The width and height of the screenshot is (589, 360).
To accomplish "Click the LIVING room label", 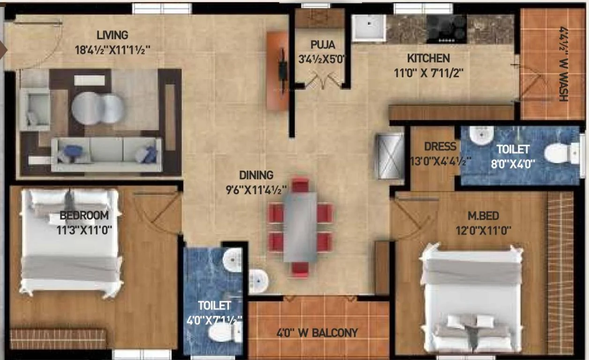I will [x=112, y=35].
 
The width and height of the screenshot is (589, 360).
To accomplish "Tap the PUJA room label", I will [x=322, y=45].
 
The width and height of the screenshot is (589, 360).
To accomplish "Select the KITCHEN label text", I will [x=428, y=59].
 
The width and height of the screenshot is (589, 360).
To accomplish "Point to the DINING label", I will [x=256, y=175].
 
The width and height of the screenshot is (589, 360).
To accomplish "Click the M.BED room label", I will [x=483, y=216].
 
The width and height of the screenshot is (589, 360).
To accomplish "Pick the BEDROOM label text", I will [x=84, y=216].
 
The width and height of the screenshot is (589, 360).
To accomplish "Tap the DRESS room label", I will [x=440, y=147].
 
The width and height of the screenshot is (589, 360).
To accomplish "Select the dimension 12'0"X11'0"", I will [x=483, y=231].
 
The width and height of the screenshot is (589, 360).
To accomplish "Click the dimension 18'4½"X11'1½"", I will [x=112, y=50].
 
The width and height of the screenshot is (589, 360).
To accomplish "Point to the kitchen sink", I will [x=368, y=28].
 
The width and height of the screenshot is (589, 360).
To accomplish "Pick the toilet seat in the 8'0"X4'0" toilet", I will [x=559, y=153].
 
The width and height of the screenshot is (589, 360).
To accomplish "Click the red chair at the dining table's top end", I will [x=300, y=185].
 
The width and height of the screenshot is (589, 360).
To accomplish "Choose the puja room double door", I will [x=323, y=81].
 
